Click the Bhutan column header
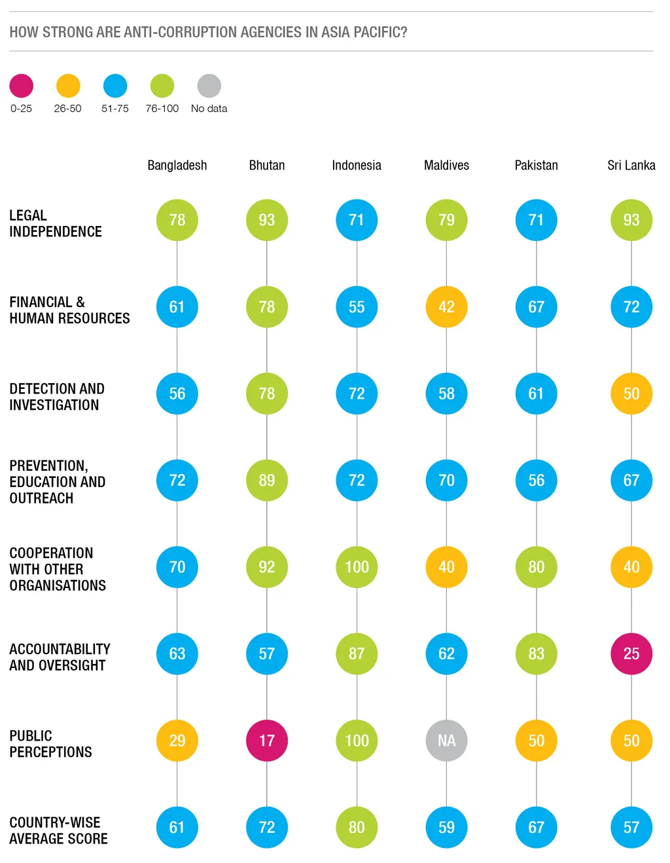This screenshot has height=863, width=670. point(267,165)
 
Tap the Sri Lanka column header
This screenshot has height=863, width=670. point(631,165)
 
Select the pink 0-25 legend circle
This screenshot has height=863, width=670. point(22,86)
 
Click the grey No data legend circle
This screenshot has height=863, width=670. point(209,86)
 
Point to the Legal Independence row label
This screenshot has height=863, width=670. point(56,223)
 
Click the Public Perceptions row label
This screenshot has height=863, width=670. point(50,744)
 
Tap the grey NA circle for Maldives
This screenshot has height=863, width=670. point(446,741)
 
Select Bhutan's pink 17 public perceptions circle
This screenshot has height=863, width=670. point(267,741)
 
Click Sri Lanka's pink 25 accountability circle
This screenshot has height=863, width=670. point(631,653)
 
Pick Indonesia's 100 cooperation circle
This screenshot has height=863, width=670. point(357,567)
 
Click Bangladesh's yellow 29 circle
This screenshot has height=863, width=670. point(177,741)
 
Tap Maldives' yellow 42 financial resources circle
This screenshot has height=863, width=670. point(446,306)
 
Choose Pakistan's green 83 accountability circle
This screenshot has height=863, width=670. point(537,653)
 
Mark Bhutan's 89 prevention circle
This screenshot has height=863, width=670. point(267,480)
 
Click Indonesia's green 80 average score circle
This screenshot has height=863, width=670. point(357,827)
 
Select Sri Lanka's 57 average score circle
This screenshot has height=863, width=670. point(631,827)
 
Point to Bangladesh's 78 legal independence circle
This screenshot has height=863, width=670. point(177,220)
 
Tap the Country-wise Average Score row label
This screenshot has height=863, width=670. point(58,830)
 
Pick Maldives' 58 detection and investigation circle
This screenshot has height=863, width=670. point(446,394)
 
